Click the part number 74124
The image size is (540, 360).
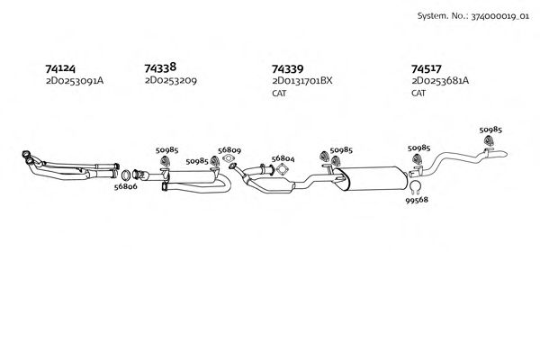[x=61, y=68]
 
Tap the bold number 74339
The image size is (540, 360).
[x=287, y=68]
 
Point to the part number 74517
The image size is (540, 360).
[x=427, y=68]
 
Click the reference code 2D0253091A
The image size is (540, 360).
[x=75, y=81]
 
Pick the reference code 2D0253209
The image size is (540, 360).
[x=170, y=80]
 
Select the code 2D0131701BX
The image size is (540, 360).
[x=301, y=81]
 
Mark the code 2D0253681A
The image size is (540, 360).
[x=440, y=81]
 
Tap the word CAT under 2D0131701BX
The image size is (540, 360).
[x=279, y=93]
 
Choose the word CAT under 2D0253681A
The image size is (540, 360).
[x=418, y=93]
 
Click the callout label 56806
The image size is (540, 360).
[x=125, y=187]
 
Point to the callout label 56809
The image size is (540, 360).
[x=229, y=150]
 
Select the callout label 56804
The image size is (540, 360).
[x=283, y=158]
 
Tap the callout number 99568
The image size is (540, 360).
[x=418, y=202]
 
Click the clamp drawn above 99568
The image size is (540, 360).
[x=416, y=187]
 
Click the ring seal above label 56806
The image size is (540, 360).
[x=127, y=174]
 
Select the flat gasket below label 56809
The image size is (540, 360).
[x=229, y=164]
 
